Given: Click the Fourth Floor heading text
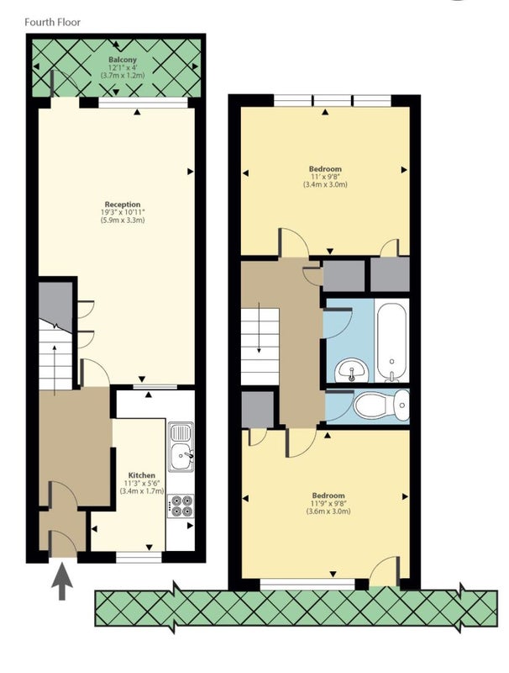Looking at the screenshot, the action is pyautogui.click(x=52, y=22).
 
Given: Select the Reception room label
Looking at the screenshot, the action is pyautogui.click(x=123, y=204).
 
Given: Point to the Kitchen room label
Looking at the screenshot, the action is pyautogui.click(x=142, y=475).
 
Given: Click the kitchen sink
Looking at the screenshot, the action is pyautogui.click(x=181, y=447).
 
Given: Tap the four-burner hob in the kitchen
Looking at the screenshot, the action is pyautogui.click(x=181, y=506).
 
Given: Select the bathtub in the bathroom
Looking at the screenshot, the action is pyautogui.click(x=391, y=342).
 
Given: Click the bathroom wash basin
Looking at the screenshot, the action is pyautogui.click(x=351, y=370).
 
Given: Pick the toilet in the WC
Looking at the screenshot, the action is pyautogui.click(x=380, y=405).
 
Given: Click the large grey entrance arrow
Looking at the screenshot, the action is pyautogui.click(x=62, y=581).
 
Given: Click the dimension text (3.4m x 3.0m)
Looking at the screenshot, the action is pyautogui.click(x=325, y=184).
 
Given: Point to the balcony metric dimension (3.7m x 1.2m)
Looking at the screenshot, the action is pyautogui.click(x=123, y=75).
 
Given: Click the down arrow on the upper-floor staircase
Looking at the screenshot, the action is pyautogui.click(x=259, y=327).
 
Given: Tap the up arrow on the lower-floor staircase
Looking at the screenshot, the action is pyautogui.click(x=55, y=369).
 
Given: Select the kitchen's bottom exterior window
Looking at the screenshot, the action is pyautogui.click(x=139, y=557).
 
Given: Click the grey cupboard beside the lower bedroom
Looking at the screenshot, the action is pyautogui.click(x=258, y=409).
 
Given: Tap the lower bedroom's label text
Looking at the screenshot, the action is pyautogui.click(x=328, y=495).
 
